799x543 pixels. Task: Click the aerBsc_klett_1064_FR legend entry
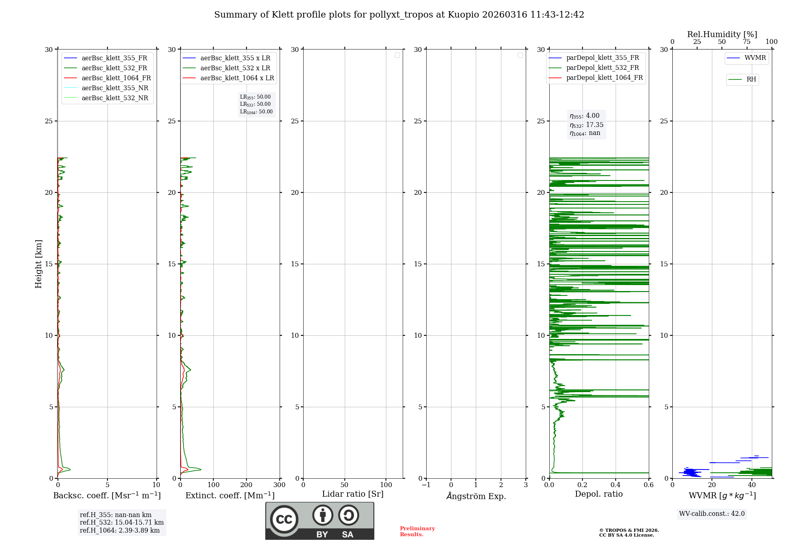116,78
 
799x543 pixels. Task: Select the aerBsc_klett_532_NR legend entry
115,98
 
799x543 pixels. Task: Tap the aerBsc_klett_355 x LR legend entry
235,58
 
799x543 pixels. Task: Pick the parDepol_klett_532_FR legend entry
602,67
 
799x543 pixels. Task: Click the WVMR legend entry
755,58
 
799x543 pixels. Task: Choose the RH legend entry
751,79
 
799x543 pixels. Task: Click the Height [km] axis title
38,264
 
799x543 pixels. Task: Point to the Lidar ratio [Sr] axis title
353,494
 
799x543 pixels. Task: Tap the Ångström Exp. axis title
476,496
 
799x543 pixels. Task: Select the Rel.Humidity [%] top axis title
722,34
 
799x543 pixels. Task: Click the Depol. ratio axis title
598,494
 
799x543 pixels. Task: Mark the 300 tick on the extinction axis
280,485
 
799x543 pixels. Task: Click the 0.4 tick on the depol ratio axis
616,485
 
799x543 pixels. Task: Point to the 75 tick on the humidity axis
746,42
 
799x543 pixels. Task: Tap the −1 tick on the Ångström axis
426,485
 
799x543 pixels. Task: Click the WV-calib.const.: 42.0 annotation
712,513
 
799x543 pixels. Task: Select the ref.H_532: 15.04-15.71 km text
121,522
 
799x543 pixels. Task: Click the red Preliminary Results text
417,531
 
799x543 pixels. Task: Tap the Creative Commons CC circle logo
284,519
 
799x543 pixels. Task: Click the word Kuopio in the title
463,15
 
